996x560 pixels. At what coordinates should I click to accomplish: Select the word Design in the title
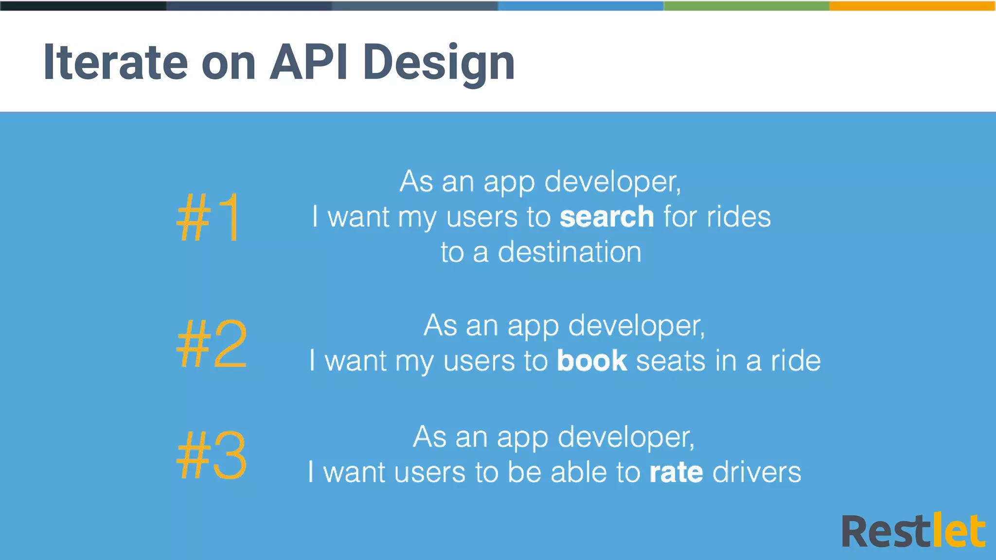[439, 63]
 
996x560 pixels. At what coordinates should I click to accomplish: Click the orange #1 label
[209, 217]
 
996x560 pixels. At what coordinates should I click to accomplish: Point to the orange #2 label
[212, 344]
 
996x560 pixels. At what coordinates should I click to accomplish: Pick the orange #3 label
[212, 455]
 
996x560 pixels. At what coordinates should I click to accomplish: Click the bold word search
[606, 217]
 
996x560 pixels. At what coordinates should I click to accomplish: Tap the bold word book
[592, 361]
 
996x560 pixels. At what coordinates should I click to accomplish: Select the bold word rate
[676, 472]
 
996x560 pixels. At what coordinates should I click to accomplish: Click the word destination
[569, 252]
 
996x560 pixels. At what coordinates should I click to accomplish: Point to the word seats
[671, 361]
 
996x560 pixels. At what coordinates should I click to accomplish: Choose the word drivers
[757, 472]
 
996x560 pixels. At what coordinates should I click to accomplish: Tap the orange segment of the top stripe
[912, 5]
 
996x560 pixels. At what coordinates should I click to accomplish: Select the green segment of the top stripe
[746, 5]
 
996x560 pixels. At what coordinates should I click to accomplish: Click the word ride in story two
[796, 361]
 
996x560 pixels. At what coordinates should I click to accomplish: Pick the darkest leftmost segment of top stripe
[83, 5]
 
